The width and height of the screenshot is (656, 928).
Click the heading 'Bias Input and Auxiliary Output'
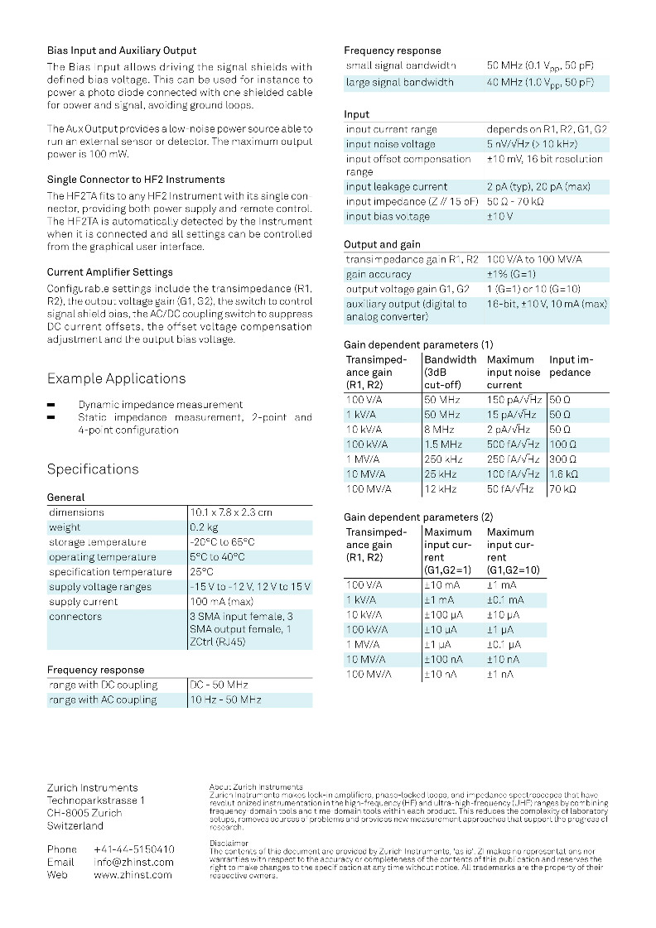click(x=122, y=51)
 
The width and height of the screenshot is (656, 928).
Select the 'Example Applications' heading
click(x=116, y=379)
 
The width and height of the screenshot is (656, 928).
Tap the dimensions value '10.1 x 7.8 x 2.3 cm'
click(x=231, y=512)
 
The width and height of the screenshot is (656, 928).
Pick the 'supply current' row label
click(x=83, y=602)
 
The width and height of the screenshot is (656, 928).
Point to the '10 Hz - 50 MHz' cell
click(x=225, y=700)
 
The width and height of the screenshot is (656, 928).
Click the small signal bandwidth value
click(x=540, y=65)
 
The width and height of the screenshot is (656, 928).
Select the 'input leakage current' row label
click(x=397, y=187)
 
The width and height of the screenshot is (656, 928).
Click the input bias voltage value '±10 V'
click(x=499, y=217)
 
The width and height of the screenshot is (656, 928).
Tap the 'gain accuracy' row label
click(x=379, y=274)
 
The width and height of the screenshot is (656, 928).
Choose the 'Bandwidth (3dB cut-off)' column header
click(x=450, y=373)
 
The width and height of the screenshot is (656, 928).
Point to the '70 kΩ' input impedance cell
click(x=563, y=489)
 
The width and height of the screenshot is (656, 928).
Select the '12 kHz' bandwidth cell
click(x=442, y=489)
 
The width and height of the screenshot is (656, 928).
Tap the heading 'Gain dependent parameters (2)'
click(x=418, y=517)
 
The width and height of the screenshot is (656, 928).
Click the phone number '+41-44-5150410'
click(x=134, y=849)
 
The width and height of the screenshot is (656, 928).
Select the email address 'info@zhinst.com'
click(x=134, y=862)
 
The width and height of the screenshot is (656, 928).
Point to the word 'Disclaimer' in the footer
click(x=229, y=843)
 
